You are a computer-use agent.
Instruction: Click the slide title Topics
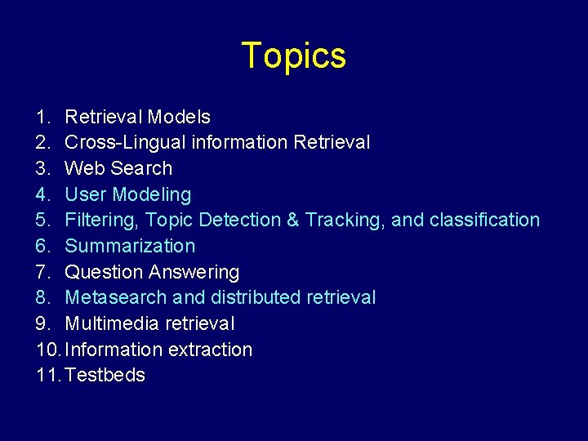point(294,56)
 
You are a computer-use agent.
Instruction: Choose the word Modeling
point(151,195)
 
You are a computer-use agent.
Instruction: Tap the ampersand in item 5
point(291,220)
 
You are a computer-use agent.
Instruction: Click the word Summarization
point(130,247)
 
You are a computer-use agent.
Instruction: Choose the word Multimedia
point(112,324)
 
